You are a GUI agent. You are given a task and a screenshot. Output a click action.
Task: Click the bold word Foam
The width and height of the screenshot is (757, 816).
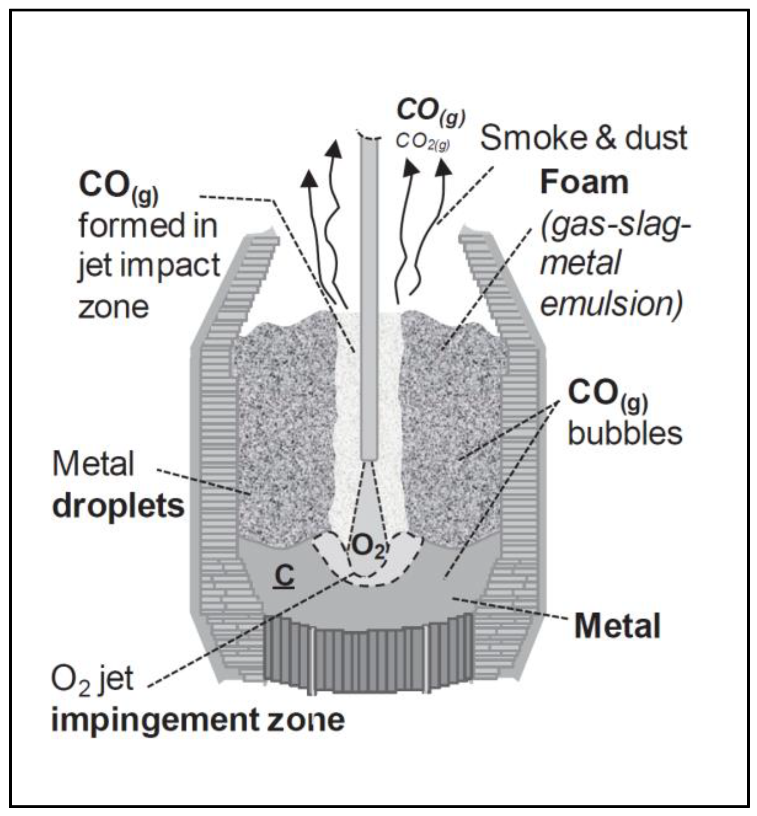click(585, 183)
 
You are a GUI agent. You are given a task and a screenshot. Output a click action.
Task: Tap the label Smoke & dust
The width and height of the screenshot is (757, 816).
click(584, 138)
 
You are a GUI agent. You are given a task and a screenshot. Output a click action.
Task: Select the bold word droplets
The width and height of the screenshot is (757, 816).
click(118, 507)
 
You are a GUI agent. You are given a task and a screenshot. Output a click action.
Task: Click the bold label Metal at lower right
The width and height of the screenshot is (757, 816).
click(617, 627)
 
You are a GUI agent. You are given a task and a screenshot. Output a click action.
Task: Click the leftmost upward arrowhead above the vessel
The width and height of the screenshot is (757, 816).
click(310, 179)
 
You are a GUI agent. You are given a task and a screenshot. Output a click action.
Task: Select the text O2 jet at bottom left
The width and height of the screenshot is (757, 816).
click(92, 680)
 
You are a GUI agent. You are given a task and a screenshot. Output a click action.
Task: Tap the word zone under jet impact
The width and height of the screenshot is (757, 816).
click(113, 307)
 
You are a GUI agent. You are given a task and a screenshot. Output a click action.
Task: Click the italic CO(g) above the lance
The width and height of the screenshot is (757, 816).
click(430, 111)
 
